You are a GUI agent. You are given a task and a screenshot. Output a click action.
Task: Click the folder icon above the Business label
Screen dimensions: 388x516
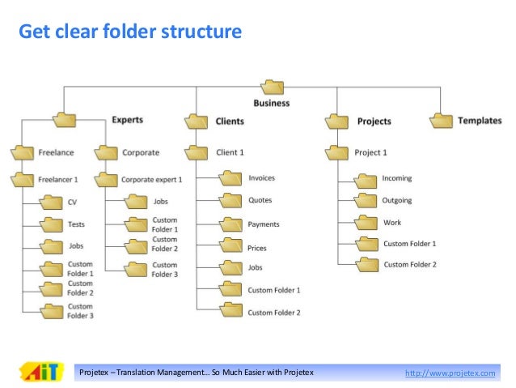point(273,87)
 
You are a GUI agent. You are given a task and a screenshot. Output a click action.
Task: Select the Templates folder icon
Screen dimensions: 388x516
point(441,120)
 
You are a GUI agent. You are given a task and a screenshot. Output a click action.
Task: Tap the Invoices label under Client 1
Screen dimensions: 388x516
point(261,177)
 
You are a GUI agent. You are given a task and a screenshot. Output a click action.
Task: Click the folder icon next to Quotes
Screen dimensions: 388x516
point(231,200)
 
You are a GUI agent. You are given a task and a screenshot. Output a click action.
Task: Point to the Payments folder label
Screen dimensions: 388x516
point(264,224)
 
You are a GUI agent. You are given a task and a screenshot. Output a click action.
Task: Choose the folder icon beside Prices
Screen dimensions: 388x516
point(231,248)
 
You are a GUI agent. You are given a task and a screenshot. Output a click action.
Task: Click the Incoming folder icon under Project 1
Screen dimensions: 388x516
point(366,178)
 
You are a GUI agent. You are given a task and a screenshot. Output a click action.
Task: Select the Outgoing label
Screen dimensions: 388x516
point(397,200)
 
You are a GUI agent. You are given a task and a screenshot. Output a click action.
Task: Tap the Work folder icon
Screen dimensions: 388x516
point(366,223)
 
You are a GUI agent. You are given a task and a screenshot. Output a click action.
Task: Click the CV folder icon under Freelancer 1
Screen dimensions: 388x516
point(52,203)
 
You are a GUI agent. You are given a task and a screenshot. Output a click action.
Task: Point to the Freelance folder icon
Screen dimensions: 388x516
point(23,151)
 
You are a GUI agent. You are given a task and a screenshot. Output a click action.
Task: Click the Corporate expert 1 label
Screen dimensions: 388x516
point(152,179)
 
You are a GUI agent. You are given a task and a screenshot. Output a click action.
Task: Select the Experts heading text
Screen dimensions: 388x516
point(127,120)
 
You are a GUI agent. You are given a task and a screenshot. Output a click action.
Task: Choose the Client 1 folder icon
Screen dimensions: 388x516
point(197,151)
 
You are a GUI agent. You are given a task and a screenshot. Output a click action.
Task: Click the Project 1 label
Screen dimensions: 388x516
point(370,152)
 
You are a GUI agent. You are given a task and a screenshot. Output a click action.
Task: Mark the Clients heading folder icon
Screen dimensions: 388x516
point(197,122)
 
